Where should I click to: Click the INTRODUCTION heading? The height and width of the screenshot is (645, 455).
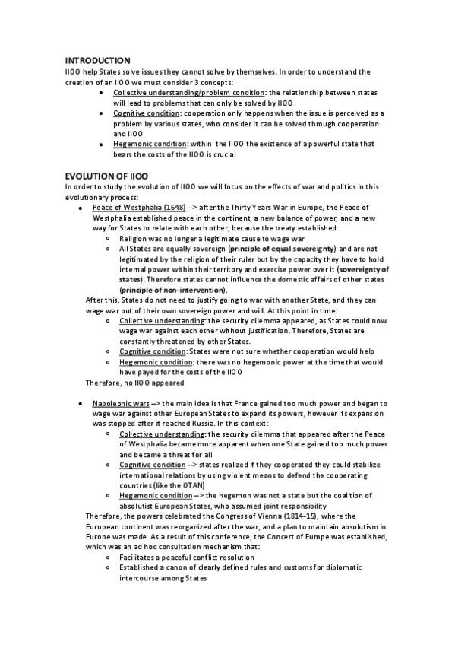pyautogui.click(x=97, y=61)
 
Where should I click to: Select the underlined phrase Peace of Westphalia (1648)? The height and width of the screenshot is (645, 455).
pyautogui.click(x=139, y=207)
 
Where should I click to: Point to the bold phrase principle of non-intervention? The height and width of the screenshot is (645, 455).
pyautogui.click(x=172, y=290)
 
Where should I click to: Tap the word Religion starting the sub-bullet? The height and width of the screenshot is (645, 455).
pyautogui.click(x=134, y=238)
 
